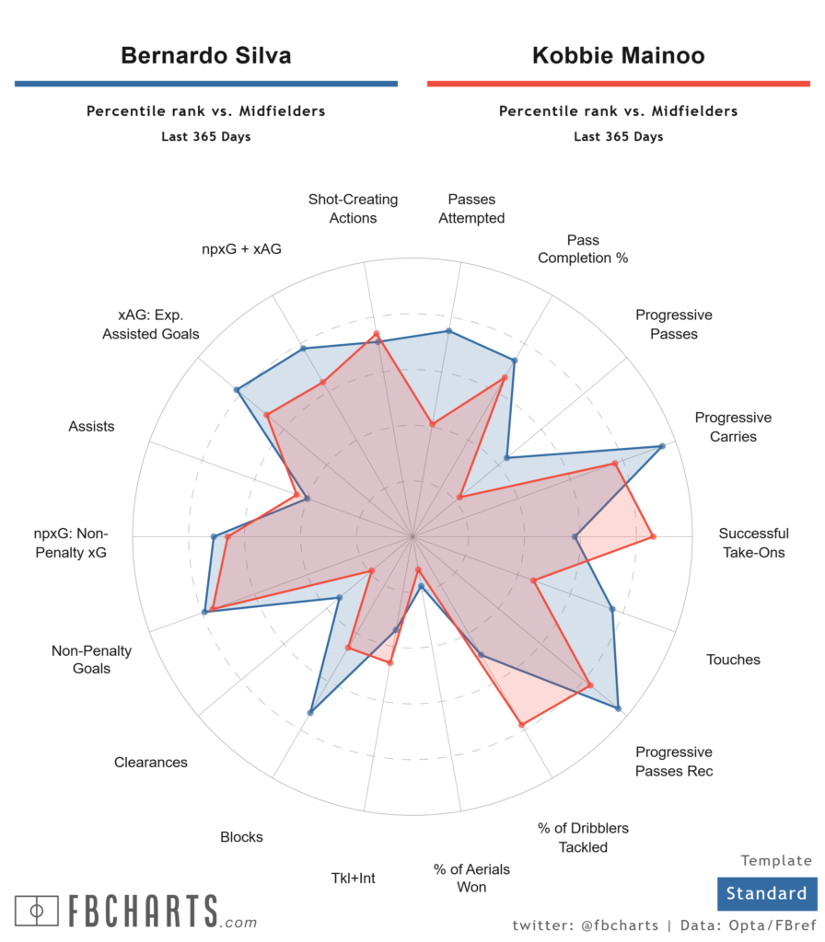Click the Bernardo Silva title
pos(206,55)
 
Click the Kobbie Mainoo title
pos(618,55)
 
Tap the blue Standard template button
pos(766,893)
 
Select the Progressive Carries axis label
pos(733,427)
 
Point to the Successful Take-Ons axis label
pos(753,543)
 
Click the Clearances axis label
pos(151,762)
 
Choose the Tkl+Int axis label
pos(354,878)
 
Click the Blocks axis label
pos(241,837)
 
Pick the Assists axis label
pos(91,426)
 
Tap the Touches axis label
pos(733,660)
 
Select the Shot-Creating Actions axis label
pos(353,209)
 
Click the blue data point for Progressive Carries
pos(662,447)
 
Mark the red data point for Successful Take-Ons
pos(653,535)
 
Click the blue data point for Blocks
pos(311,712)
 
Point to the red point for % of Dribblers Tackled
pos(521,725)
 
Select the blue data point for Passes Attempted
pos(448,331)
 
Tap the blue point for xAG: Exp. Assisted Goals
pos(237,391)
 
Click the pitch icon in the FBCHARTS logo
pos(37,911)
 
